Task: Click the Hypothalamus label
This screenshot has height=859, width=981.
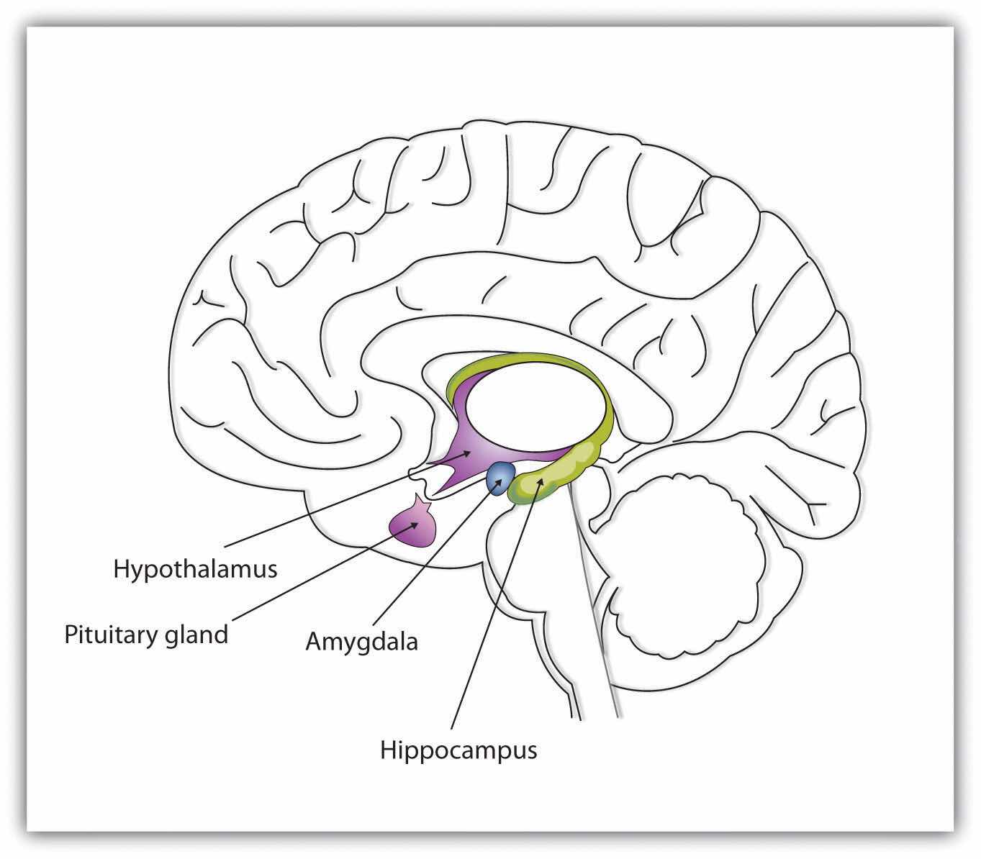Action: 195,569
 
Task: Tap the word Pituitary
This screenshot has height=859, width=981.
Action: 109,635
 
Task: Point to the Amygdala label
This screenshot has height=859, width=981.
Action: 361,641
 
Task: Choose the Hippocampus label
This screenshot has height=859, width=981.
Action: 458,750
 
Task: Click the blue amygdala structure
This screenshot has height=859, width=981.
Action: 501,478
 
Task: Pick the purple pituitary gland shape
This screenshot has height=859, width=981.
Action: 412,526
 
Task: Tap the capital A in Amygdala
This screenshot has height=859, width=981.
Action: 314,640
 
